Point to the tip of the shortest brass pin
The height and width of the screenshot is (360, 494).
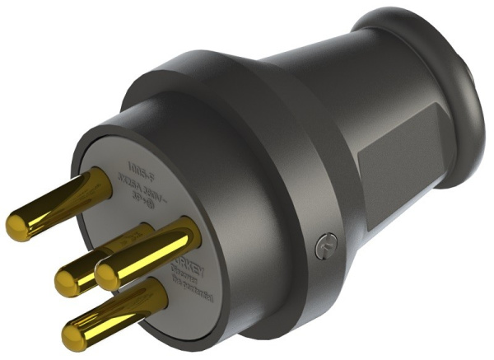click(x=66, y=283)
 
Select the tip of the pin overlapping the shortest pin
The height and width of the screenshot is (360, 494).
click(x=109, y=275)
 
